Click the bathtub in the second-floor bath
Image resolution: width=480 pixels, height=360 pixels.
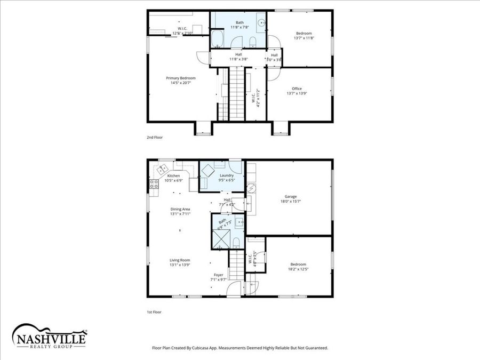coord(218,39)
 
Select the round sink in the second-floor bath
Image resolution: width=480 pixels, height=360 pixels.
coord(261,23)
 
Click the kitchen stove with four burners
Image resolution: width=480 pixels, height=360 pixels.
coord(154,185)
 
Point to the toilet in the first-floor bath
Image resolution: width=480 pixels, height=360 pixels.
coord(236,243)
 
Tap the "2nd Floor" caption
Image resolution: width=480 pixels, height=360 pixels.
coord(155,138)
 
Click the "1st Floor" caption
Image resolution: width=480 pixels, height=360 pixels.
coord(154,312)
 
